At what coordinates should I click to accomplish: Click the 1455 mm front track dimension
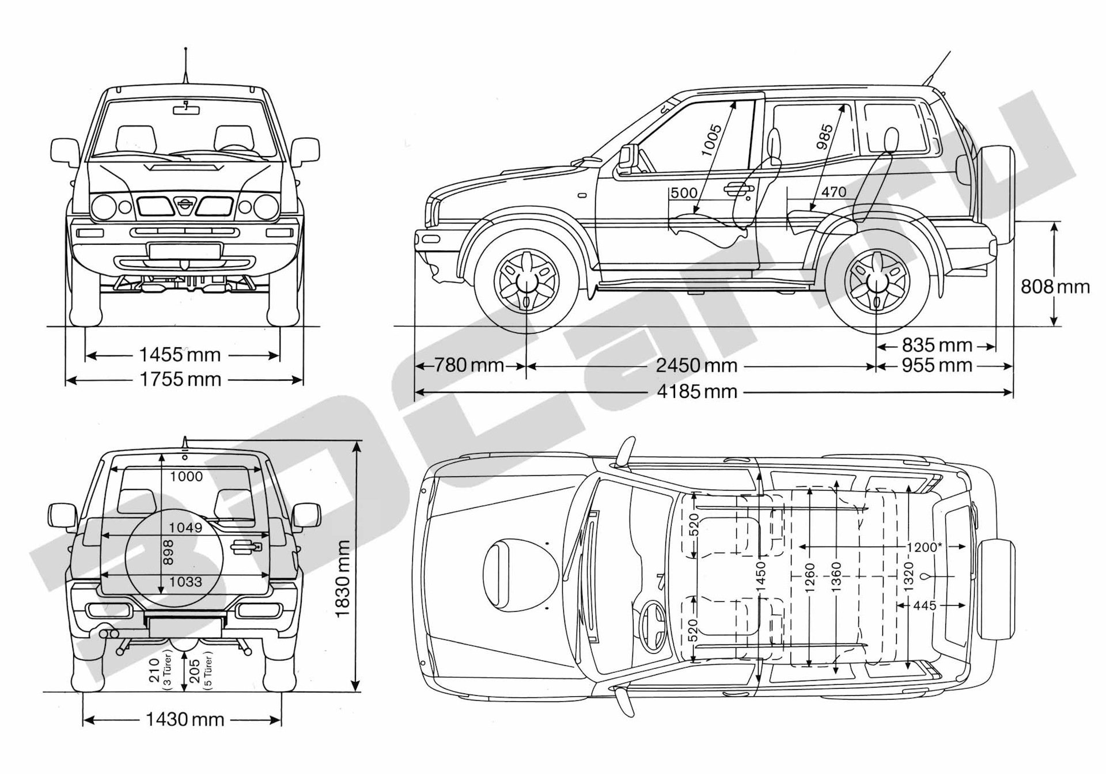click(x=180, y=354)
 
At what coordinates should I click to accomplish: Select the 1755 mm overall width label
click(x=180, y=379)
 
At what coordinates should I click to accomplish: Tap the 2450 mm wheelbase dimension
click(x=696, y=365)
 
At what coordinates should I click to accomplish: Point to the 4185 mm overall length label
click(x=696, y=392)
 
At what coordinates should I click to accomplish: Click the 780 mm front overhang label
click(x=469, y=365)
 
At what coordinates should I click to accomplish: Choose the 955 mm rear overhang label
click(x=937, y=365)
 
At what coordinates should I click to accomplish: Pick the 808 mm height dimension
click(x=1055, y=286)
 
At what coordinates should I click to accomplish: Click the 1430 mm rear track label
click(x=184, y=719)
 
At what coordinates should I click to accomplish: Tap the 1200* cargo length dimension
click(x=923, y=547)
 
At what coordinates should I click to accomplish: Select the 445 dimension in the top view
click(x=925, y=605)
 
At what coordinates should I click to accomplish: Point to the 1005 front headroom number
click(x=712, y=140)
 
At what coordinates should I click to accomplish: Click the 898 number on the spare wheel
click(x=168, y=552)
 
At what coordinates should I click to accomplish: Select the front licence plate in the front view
click(x=185, y=251)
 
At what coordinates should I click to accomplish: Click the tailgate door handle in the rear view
click(x=246, y=547)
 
